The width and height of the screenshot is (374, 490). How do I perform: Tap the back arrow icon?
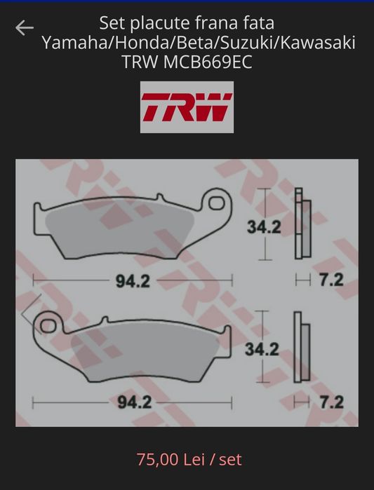tap(25, 27)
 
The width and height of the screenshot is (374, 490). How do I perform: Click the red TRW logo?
tap(187, 107)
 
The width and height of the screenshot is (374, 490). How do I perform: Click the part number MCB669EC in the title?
tap(208, 62)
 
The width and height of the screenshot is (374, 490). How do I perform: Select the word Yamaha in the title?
tap(74, 43)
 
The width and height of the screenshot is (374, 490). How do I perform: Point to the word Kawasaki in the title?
tap(318, 43)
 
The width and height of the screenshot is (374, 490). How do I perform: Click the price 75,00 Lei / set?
tap(189, 459)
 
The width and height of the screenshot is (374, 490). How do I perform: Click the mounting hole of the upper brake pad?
tap(217, 203)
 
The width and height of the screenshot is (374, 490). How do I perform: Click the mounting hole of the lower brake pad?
tap(48, 326)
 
